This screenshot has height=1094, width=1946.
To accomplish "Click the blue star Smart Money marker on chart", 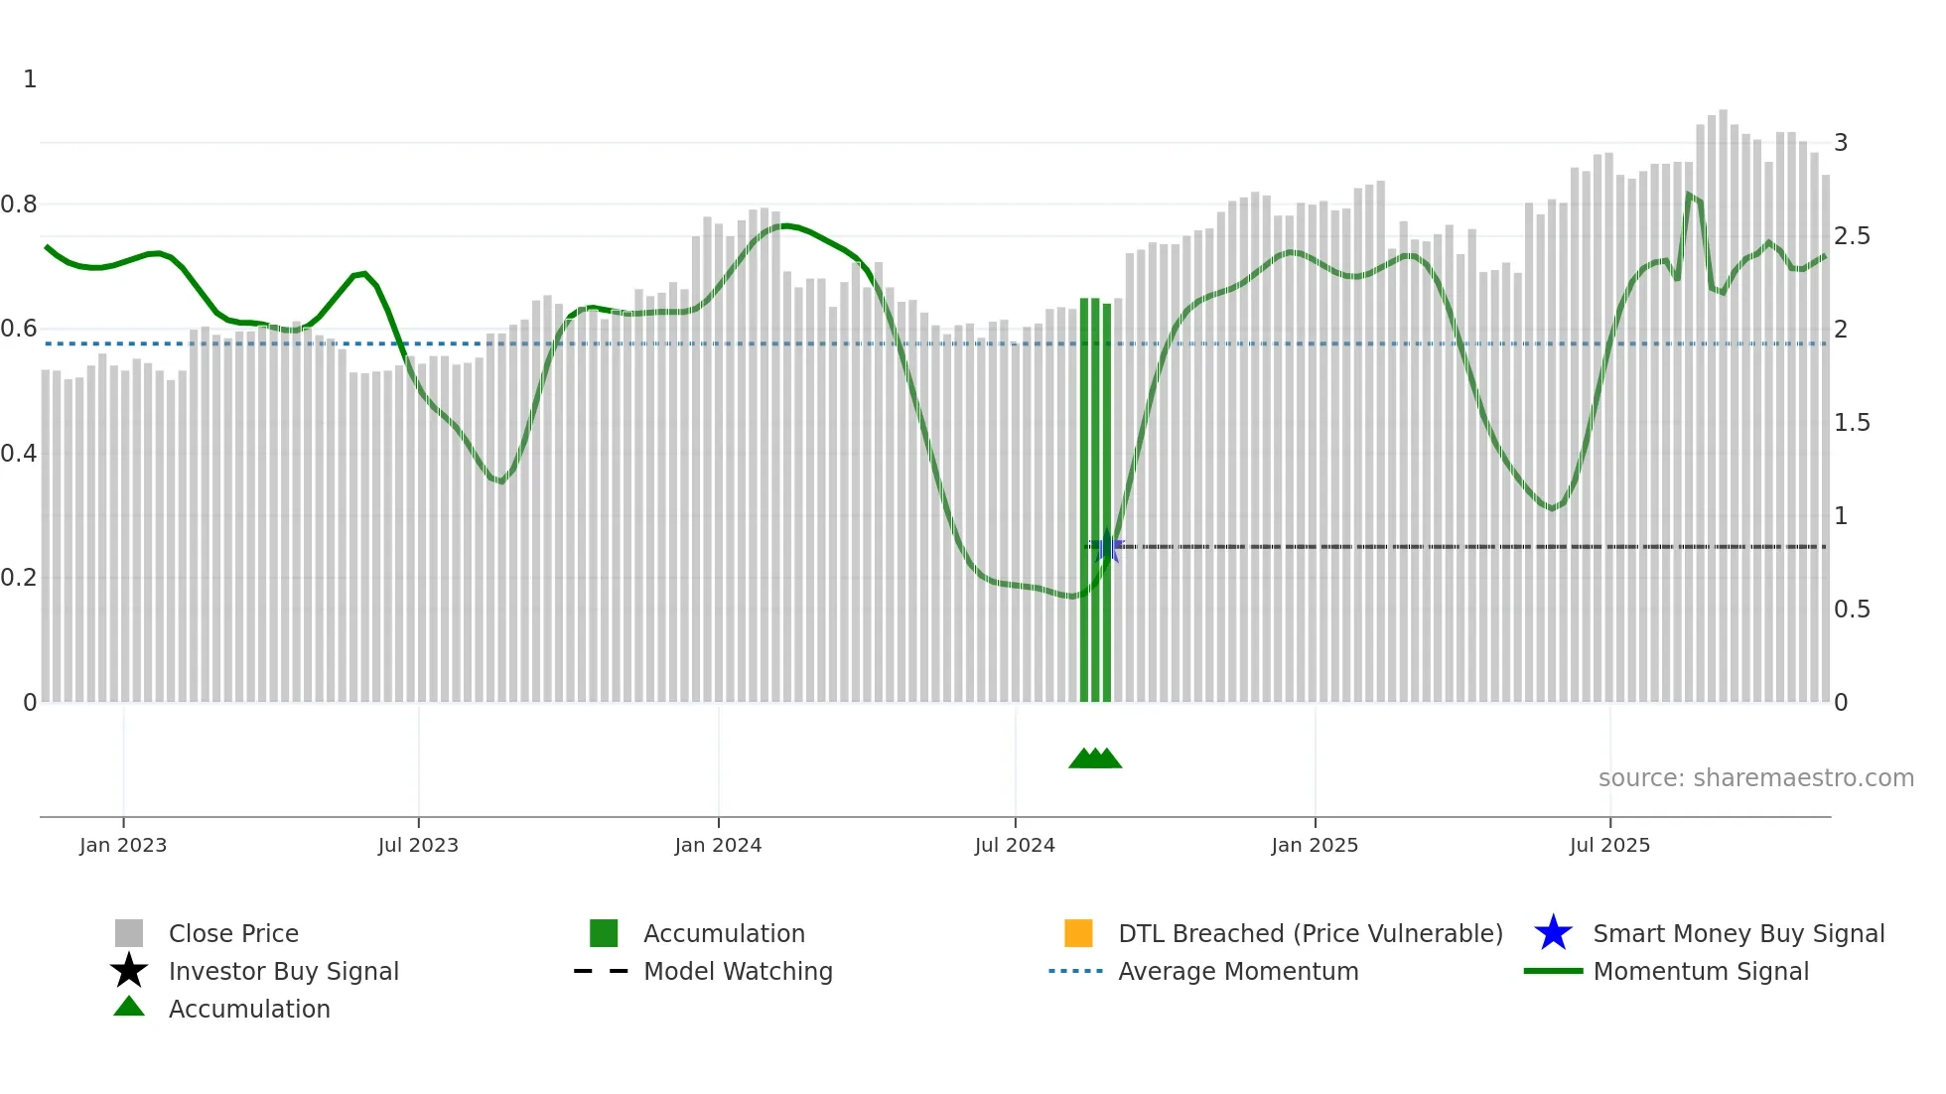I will (x=1107, y=546).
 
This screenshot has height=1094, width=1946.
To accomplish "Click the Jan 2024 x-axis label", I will (x=718, y=845).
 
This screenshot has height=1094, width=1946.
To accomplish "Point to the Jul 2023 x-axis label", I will (x=418, y=845).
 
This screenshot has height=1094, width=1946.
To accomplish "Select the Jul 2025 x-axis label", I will (x=1609, y=845).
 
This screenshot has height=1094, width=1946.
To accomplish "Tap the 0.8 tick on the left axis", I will (x=19, y=205).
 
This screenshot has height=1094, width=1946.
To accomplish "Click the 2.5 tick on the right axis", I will (x=1852, y=236).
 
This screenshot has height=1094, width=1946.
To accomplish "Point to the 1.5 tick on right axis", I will (x=1852, y=423).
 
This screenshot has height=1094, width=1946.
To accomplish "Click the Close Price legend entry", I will (x=233, y=933).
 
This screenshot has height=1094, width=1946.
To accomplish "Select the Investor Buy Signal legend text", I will (x=283, y=971).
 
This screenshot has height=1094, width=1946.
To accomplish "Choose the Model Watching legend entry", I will (x=738, y=971).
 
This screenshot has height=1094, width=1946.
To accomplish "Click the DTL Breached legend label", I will (x=1310, y=933).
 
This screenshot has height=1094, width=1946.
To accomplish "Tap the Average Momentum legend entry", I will (x=1237, y=971).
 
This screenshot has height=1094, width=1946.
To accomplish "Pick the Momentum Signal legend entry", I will (x=1700, y=971).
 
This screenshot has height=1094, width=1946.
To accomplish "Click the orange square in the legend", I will (x=1078, y=933).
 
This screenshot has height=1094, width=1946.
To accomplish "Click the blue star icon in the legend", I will (x=1553, y=933).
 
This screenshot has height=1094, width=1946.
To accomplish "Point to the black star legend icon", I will (x=129, y=971).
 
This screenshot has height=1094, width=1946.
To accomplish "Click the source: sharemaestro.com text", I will (x=1755, y=778).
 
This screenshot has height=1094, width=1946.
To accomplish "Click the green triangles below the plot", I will (x=1095, y=758).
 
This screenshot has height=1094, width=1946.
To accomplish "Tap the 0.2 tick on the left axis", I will (x=19, y=578).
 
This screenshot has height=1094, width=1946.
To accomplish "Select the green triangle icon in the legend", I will (x=129, y=1007).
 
